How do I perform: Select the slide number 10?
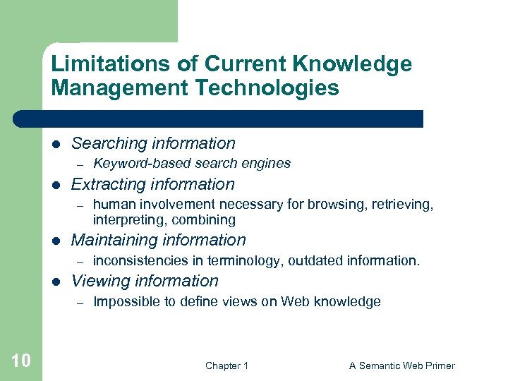[x=21, y=361]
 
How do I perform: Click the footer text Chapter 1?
[x=226, y=365]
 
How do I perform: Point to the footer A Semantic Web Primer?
[x=401, y=365]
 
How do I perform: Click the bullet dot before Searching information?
[x=56, y=144]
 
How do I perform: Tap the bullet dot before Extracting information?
[x=56, y=185]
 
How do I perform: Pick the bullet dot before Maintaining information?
[x=56, y=241]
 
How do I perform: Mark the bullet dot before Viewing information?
[x=56, y=282]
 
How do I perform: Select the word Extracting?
[x=106, y=185]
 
